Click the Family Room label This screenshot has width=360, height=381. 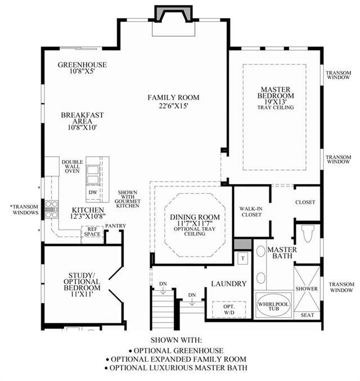(x=173, y=97)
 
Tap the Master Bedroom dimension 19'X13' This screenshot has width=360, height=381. (x=276, y=101)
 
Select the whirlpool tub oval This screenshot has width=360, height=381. (x=273, y=306)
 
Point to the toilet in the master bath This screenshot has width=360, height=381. (x=308, y=234)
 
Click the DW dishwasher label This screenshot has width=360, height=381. (x=93, y=192)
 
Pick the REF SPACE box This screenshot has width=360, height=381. (x=92, y=231)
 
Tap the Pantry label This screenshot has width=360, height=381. (x=115, y=226)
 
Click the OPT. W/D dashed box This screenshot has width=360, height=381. (x=229, y=310)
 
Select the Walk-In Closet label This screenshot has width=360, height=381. (x=251, y=212)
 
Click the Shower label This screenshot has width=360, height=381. (x=307, y=289)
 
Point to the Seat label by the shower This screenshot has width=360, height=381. (x=307, y=315)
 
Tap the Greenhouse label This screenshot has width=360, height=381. (x=82, y=65)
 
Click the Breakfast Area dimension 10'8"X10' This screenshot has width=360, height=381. (x=82, y=127)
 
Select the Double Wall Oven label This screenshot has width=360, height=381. (x=72, y=167)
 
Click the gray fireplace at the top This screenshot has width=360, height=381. (x=174, y=14)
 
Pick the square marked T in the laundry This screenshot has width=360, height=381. (x=242, y=258)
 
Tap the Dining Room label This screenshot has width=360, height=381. (x=195, y=217)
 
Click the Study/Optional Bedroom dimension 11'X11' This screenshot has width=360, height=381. (x=82, y=294)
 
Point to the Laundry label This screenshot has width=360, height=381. (x=228, y=284)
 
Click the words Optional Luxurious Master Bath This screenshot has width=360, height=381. (x=178, y=367)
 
